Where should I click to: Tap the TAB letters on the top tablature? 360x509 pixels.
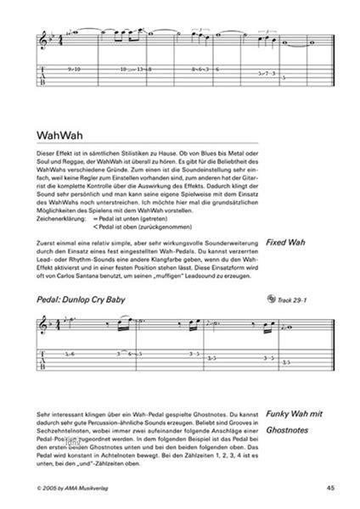click(45, 75)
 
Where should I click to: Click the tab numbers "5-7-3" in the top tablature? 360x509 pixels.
click(264, 74)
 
